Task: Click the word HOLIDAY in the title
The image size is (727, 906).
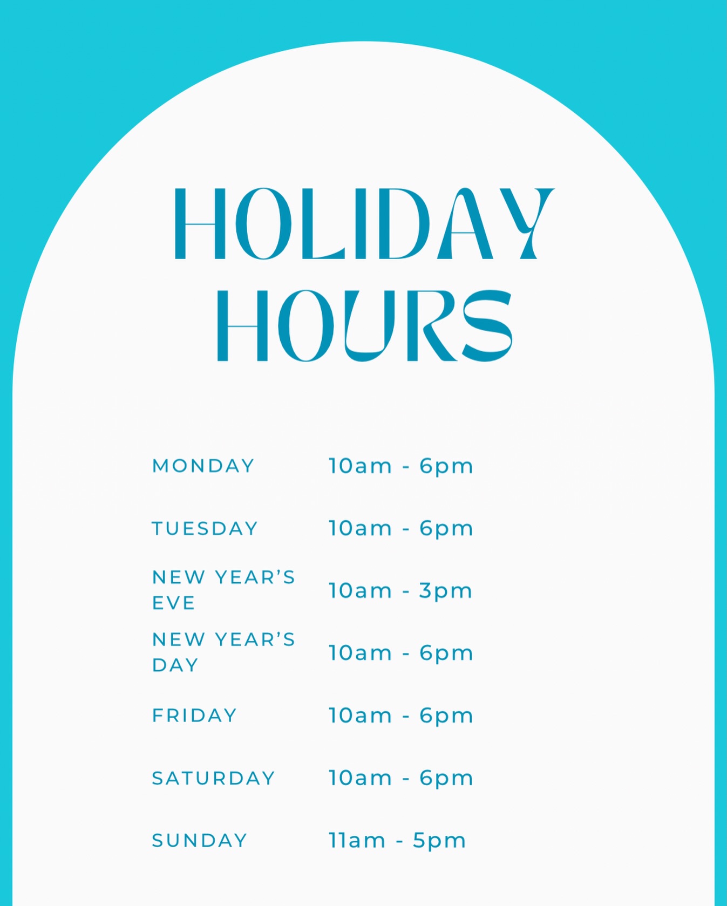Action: (364, 223)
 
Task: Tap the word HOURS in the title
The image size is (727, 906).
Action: (364, 325)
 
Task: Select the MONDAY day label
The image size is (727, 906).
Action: (203, 466)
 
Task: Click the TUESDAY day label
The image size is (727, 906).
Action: (205, 528)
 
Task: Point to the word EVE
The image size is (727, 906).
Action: (173, 603)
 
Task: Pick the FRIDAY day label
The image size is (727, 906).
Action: (194, 716)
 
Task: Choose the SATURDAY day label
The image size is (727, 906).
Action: (213, 778)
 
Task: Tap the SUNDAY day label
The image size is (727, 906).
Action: (199, 840)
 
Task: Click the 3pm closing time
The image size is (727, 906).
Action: (446, 591)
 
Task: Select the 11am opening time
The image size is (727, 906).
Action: (357, 840)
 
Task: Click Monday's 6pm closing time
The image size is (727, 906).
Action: (446, 467)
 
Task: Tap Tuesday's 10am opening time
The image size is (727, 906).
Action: (360, 528)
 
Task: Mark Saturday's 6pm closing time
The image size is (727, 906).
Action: (446, 779)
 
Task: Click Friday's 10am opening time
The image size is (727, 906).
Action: (360, 715)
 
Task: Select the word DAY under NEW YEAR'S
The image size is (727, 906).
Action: (175, 665)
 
